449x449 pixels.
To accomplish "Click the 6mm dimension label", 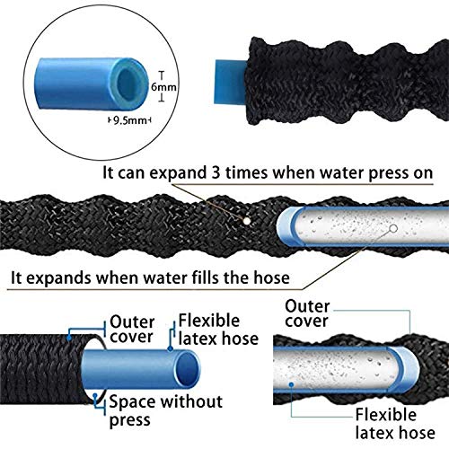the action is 163,87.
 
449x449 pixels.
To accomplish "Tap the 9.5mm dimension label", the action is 130,120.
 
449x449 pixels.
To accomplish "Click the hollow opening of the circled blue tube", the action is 128,82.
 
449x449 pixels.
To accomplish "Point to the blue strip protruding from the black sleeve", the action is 231,82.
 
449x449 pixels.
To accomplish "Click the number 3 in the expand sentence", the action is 216,172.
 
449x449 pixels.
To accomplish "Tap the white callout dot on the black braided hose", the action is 247,221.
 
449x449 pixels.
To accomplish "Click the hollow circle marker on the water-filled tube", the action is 393,228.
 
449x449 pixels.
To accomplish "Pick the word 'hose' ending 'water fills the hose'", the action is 272,277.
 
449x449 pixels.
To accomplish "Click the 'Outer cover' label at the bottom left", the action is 132,330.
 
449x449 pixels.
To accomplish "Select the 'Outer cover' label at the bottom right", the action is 307,313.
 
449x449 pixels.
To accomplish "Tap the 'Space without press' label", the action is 166,410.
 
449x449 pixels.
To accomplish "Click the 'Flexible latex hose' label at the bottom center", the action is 218,330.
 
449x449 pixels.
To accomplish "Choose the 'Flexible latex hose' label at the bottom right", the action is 395,424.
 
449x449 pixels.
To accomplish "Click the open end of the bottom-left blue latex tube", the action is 188,370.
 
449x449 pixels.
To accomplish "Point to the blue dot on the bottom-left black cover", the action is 69,338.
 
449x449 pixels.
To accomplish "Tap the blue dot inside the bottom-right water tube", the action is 291,384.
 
